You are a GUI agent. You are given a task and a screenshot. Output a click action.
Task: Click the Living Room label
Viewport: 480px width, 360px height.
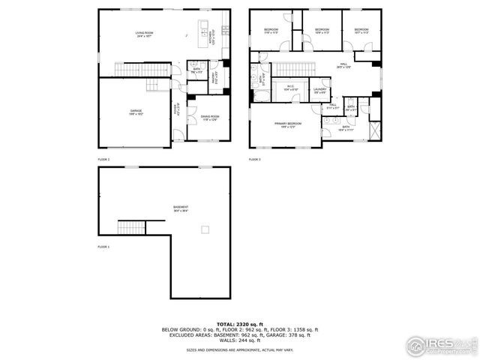pos(144,34)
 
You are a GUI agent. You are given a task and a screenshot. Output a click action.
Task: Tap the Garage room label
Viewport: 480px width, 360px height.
pos(136,112)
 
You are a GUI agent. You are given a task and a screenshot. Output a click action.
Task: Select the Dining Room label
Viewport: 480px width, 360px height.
pos(210,118)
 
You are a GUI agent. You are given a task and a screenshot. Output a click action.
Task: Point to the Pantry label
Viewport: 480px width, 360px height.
pos(214,76)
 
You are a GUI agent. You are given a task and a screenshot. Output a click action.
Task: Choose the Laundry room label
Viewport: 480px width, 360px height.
pos(319,91)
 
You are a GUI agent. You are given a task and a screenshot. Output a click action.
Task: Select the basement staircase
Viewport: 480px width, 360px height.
pos(130,227)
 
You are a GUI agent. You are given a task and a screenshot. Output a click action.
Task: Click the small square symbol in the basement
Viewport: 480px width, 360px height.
pos(203,229)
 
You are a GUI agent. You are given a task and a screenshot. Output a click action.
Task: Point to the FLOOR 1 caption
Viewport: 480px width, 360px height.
pos(103,246)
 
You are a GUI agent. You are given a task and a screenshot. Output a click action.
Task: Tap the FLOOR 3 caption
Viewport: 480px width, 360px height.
pos(255,159)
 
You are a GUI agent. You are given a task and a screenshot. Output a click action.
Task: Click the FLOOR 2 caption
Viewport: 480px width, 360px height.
pos(103,159)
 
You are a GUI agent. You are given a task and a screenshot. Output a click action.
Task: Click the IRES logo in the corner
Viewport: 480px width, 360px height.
pos(437,344)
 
